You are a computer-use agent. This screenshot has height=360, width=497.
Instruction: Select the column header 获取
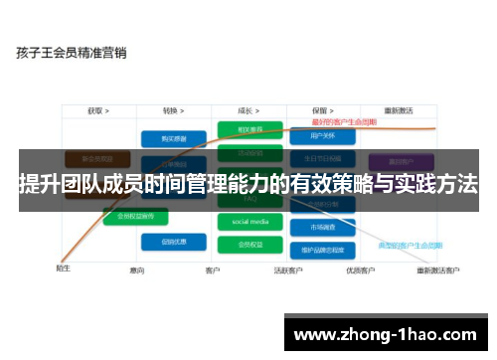pos(97,110)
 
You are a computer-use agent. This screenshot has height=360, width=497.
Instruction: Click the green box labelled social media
pos(243,221)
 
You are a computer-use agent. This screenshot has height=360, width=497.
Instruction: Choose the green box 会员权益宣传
pos(135,216)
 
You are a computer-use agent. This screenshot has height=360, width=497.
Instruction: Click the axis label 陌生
pos(63,267)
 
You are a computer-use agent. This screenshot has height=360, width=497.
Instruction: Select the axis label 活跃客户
pos(288,270)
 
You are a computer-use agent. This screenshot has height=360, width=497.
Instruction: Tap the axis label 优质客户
pos(359,270)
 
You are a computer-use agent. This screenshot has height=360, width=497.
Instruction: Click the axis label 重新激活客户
pos(437,270)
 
